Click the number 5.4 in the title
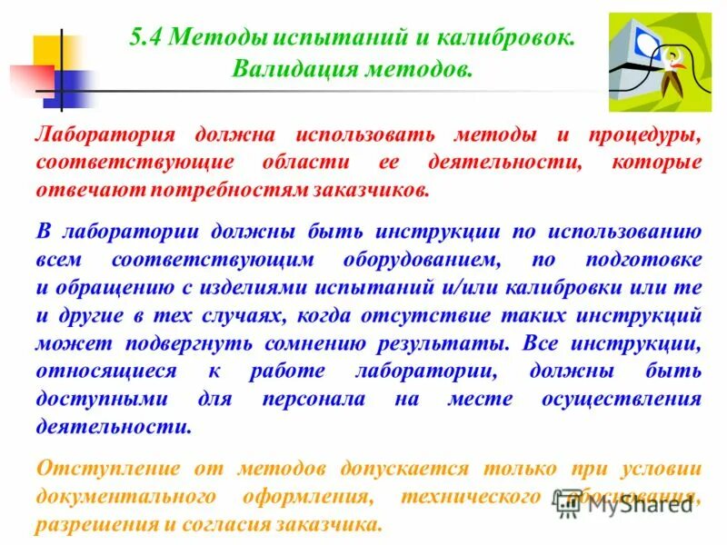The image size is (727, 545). [x=147, y=38]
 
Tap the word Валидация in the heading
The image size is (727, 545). [x=284, y=69]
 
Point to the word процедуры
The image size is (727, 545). [x=640, y=135]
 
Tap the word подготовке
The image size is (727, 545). [x=642, y=260]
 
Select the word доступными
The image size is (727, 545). [x=103, y=400]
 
